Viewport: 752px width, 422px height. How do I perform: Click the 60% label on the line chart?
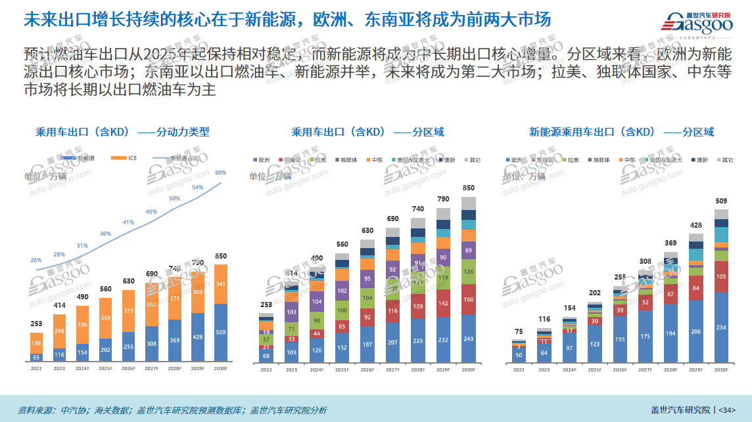click(221, 173)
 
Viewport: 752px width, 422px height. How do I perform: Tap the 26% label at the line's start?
click(36, 260)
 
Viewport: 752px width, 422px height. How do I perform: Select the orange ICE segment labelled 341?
click(221, 284)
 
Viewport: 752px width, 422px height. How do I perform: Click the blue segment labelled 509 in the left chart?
click(221, 332)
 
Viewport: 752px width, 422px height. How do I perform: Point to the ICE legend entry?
click(128, 158)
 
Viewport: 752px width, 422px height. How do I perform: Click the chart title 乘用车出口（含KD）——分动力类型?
click(122, 132)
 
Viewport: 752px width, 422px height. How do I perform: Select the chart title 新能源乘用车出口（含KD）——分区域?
click(622, 132)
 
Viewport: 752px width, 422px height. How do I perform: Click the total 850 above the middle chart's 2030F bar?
click(468, 188)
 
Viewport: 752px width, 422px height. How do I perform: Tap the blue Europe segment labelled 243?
click(468, 339)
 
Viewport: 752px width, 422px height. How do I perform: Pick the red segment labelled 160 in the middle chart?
click(468, 300)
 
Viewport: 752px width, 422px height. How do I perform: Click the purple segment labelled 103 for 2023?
click(291, 312)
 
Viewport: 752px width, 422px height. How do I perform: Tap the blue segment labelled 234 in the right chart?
click(721, 327)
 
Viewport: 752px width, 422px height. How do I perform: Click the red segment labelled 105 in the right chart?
click(721, 277)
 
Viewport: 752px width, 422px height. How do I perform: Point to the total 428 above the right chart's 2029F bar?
click(696, 225)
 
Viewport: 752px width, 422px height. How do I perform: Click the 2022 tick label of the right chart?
click(519, 370)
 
